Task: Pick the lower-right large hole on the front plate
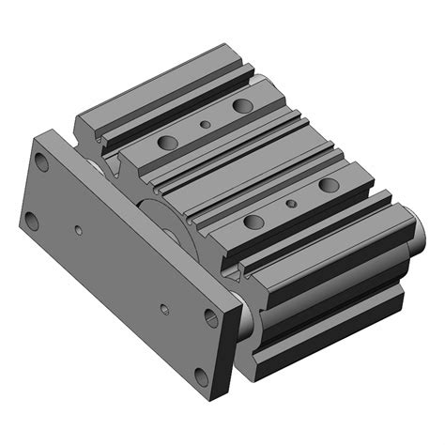tap(201, 380)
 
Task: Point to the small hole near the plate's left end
tap(79, 228)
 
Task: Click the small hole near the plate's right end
tap(165, 308)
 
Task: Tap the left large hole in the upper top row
tap(169, 143)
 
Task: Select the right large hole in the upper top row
tap(242, 105)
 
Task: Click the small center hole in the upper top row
tap(206, 123)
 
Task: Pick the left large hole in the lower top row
tap(252, 222)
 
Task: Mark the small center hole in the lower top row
tap(291, 202)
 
